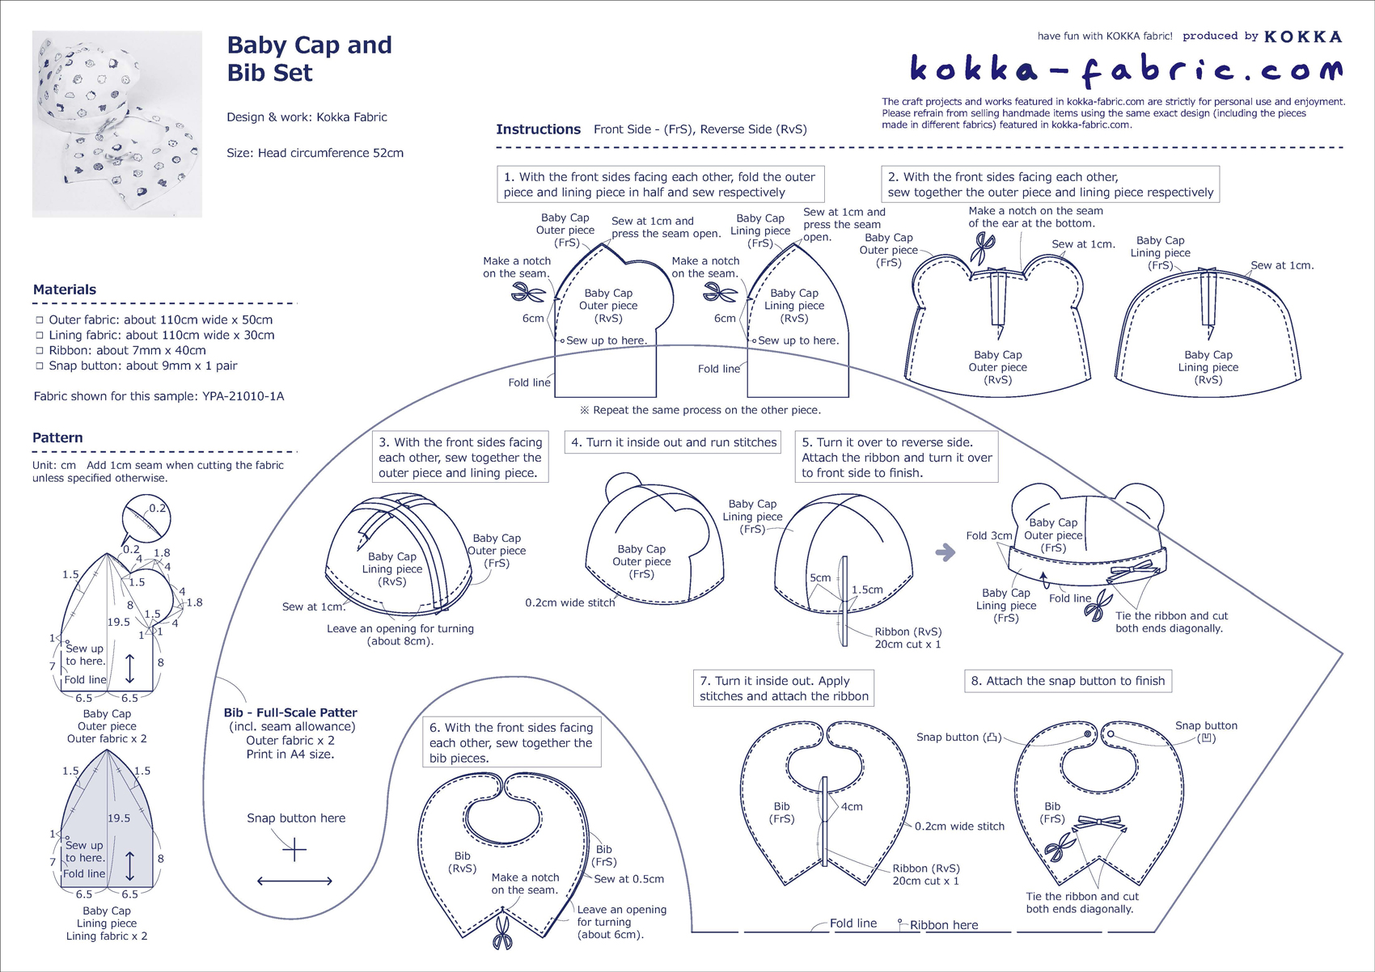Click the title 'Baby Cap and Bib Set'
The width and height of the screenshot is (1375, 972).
coord(309,58)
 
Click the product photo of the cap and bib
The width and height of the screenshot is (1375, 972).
coord(117,124)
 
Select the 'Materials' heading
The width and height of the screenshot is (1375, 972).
coord(65,289)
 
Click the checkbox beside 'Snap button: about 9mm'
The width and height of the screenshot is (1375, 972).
coord(39,366)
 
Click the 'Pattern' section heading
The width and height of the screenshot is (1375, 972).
coord(57,437)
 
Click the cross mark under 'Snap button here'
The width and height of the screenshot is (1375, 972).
coord(295,850)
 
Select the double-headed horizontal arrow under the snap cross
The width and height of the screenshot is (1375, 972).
coord(295,881)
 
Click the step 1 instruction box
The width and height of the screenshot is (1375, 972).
coord(660,184)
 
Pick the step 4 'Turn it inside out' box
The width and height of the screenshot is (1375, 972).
coord(673,442)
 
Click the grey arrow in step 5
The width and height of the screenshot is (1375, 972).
coord(945,553)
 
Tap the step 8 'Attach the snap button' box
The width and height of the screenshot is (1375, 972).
coord(1068,681)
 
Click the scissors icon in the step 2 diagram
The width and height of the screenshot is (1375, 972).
coord(984,247)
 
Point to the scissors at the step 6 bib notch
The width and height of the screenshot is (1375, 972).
coord(502,931)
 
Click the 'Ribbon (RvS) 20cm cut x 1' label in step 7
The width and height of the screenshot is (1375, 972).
coord(926,874)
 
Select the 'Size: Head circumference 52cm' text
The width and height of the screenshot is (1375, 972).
coord(315,153)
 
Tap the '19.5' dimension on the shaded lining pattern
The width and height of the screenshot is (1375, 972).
coord(119,818)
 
